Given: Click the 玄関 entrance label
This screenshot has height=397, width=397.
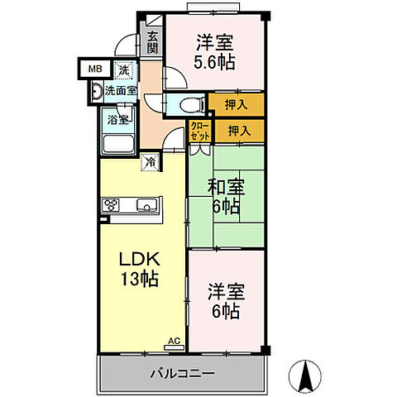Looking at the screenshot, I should click(155, 41).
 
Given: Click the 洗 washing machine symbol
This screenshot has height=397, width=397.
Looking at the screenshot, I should click(122, 72).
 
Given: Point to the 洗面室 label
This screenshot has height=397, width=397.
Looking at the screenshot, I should click(120, 91).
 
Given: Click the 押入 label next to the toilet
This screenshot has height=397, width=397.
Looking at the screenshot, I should click(237, 104).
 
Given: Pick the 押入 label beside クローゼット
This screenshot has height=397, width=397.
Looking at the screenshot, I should click(241, 129).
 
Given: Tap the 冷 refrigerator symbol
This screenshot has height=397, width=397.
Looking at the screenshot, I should click(150, 163).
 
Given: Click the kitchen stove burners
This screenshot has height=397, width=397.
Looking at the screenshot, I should click(112, 205).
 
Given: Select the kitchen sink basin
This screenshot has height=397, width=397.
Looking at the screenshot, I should click(148, 205).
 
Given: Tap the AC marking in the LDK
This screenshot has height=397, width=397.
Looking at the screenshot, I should click(175, 340).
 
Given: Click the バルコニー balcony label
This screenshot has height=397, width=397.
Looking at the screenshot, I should click(183, 374).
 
